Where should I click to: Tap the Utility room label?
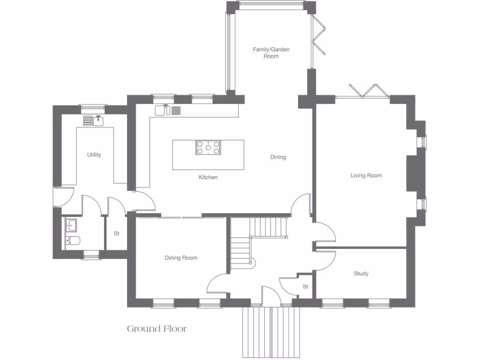[x=94, y=155]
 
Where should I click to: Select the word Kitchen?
[x=208, y=177]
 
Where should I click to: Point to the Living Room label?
[x=366, y=175]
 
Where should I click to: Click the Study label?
[x=361, y=273]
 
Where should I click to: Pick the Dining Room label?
[x=180, y=258]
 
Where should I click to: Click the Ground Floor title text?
[x=157, y=329]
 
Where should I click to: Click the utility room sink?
[x=98, y=120]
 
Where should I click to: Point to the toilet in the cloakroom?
[x=73, y=241]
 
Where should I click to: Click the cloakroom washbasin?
[x=71, y=226]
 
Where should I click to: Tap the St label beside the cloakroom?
[x=117, y=233]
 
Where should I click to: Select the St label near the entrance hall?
[x=305, y=286]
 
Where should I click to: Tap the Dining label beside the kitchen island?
[x=278, y=157]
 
